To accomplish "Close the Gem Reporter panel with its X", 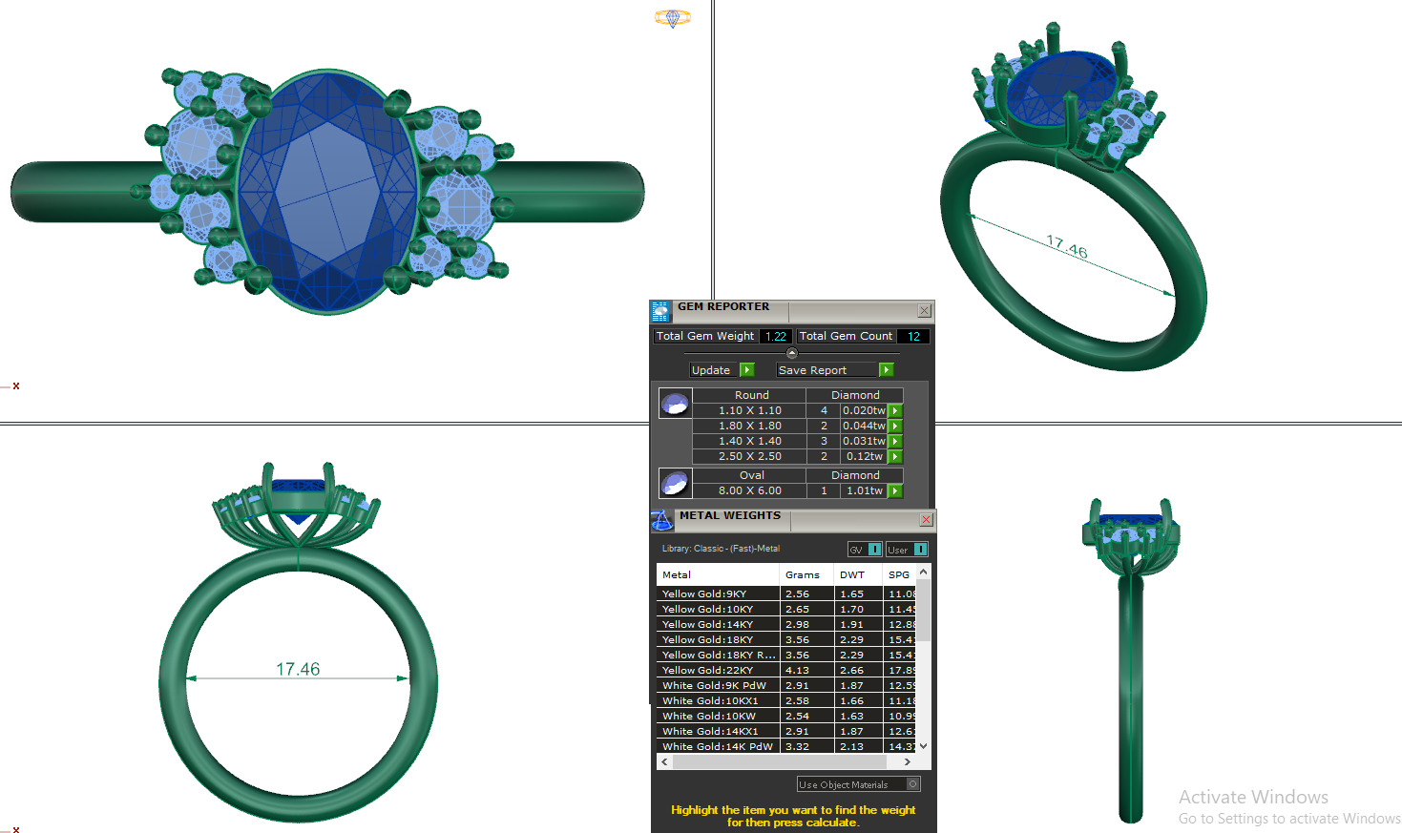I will point(924,311).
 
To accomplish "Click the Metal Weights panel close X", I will point(926,520).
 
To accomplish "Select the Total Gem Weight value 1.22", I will point(775,336).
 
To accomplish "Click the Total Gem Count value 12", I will point(913,336).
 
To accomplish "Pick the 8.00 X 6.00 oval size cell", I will point(749,490).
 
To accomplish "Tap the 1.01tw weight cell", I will point(864,490).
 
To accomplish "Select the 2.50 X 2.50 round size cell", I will point(749,456).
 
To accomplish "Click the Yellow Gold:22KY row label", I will point(707,670).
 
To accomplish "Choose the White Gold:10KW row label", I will point(708,716).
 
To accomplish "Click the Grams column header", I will point(802,574).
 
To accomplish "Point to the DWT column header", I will point(851,574).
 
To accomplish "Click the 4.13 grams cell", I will point(797,670).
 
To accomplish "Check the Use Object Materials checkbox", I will point(912,784).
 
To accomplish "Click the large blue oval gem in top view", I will point(327,191).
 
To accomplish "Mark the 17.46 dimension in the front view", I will point(298,669).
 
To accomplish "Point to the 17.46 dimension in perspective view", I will point(1067,247).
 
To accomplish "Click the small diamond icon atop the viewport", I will point(672,17).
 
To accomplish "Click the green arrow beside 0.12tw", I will point(895,456).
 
